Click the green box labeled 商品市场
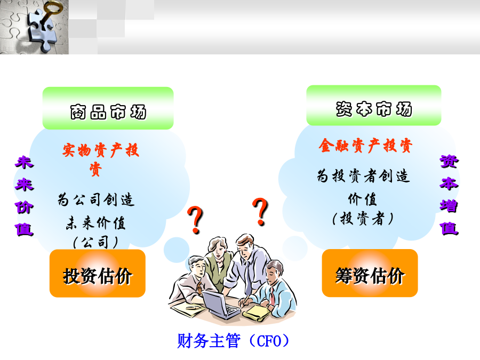point(108,108)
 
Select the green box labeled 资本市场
point(374,105)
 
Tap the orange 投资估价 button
point(98,274)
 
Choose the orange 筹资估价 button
point(370,273)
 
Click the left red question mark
point(195,220)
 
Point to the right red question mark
point(260,212)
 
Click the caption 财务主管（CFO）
point(233,341)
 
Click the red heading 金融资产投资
point(365,146)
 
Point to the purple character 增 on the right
point(449,205)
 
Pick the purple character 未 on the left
point(24,162)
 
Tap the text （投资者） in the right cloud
point(363,219)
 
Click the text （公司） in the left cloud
point(95,242)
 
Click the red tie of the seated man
point(272,295)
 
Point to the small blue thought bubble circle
point(177,250)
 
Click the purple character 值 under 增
point(449,228)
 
